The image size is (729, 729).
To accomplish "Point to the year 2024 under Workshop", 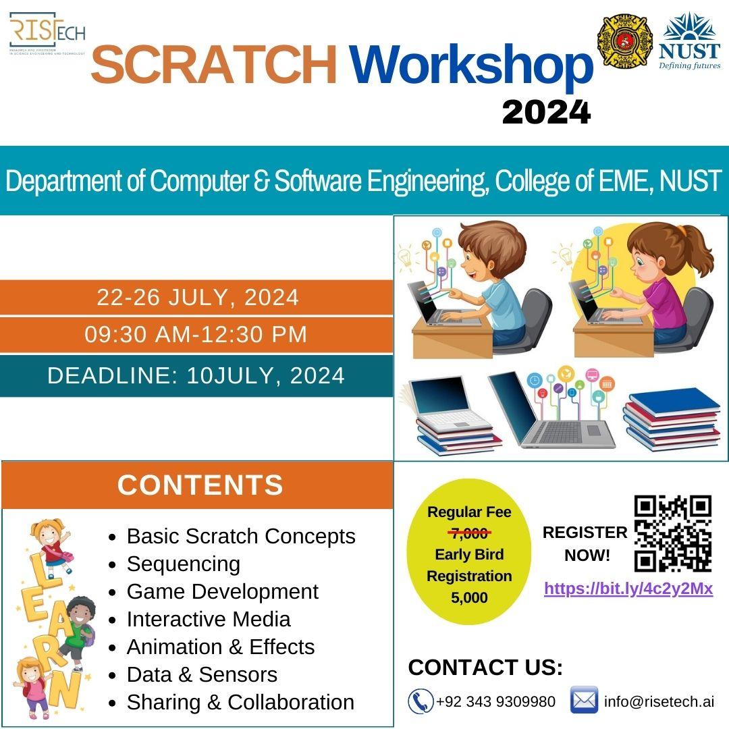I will pyautogui.click(x=546, y=112).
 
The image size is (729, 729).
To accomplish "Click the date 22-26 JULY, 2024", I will pyautogui.click(x=198, y=297).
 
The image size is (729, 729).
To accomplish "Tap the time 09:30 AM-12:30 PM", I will pyautogui.click(x=196, y=335).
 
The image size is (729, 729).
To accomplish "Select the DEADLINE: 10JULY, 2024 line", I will pyautogui.click(x=196, y=375).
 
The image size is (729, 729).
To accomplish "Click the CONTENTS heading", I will pyautogui.click(x=200, y=485).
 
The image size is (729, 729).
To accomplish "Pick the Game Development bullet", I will pyautogui.click(x=222, y=591).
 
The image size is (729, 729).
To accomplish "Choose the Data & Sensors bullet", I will pyautogui.click(x=202, y=674).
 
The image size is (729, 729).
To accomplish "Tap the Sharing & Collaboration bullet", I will pyautogui.click(x=240, y=702).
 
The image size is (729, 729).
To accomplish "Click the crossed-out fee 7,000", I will pyautogui.click(x=469, y=534).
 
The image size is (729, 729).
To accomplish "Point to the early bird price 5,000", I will pyautogui.click(x=469, y=598).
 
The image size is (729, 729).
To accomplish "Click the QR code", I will pyautogui.click(x=673, y=533).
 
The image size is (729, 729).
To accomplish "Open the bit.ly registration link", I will pyautogui.click(x=628, y=589).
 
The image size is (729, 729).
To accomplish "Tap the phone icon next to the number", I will pyautogui.click(x=421, y=701).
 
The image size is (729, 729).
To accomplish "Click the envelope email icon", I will pyautogui.click(x=584, y=701).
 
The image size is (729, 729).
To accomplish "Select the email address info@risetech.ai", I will pyautogui.click(x=659, y=701).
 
